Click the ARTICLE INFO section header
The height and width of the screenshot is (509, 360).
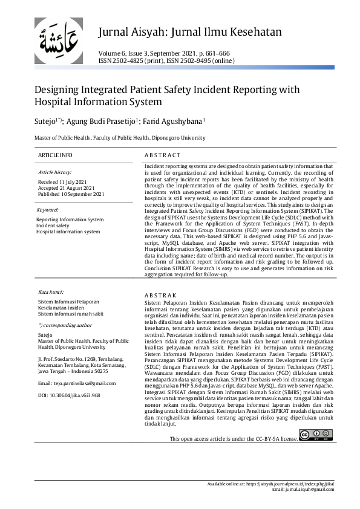(55, 155)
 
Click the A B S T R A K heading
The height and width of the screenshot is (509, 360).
(160, 294)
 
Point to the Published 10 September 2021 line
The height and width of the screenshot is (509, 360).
(71, 194)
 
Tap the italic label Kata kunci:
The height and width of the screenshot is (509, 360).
(51, 291)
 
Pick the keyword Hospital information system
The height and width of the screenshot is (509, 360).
(68, 232)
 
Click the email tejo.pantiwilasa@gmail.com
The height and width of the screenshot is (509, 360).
(76, 383)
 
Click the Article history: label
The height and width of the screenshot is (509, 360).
(54, 172)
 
